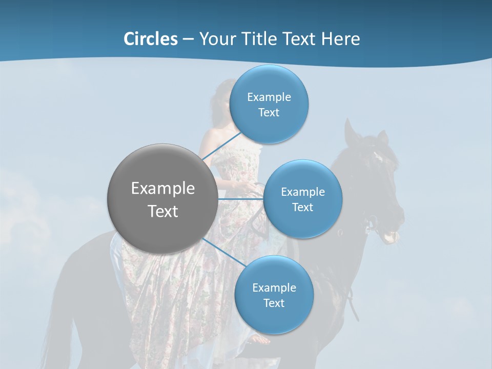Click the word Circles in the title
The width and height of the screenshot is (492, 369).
[x=150, y=39]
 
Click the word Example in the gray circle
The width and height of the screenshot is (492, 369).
[x=163, y=189]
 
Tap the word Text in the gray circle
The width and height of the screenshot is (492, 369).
[x=163, y=211]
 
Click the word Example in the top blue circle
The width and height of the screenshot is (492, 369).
[x=269, y=97]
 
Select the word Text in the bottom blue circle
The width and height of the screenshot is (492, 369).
[x=274, y=303]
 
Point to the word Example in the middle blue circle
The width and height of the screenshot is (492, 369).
[x=303, y=192]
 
